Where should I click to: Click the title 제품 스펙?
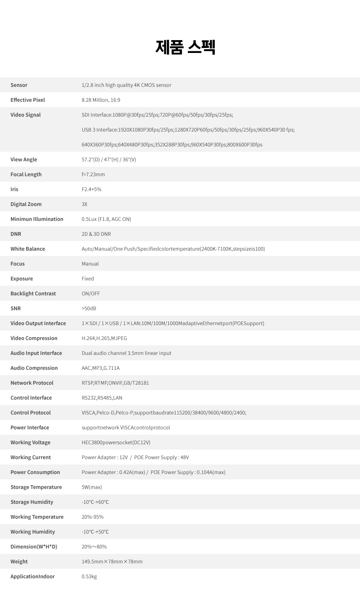click(x=185, y=47)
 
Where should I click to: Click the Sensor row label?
click(x=19, y=85)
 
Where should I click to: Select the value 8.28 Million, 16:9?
click(x=101, y=100)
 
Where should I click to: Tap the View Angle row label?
click(x=24, y=160)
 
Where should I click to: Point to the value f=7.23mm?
click(x=93, y=175)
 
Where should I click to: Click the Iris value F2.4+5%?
click(x=91, y=189)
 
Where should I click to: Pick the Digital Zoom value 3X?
click(x=84, y=204)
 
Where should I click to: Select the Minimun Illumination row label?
click(x=37, y=219)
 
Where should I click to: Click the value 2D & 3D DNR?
click(x=96, y=234)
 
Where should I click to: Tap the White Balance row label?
click(x=28, y=249)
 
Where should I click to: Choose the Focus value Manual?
click(x=90, y=264)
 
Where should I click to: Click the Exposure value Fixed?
click(x=88, y=279)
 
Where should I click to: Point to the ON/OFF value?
click(x=91, y=294)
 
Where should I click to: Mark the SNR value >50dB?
click(x=89, y=309)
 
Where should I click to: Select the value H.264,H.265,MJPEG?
click(x=104, y=338)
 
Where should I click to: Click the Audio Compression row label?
click(x=34, y=368)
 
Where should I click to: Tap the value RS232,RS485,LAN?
click(x=102, y=398)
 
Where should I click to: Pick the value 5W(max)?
click(x=92, y=487)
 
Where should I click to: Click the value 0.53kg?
click(x=89, y=577)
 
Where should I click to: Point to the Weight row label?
click(x=19, y=562)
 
